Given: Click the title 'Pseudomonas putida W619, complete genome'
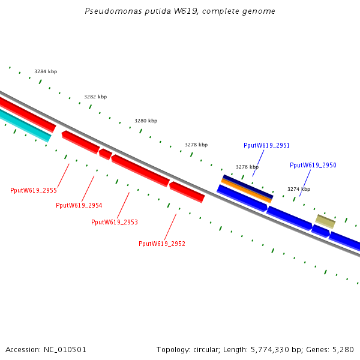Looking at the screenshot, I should coord(180,11).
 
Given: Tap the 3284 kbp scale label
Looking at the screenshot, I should coord(46,71).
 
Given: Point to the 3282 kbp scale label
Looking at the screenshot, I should coord(95,97).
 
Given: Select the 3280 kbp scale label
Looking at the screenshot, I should coord(146,121).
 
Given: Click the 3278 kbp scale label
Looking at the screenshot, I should coord(196,145).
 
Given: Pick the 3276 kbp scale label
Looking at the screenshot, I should coord(247,167).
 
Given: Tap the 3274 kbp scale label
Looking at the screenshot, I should coord(299,189).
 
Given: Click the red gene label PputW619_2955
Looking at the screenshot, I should coord(34,190).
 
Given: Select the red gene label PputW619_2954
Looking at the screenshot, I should coord(79,205).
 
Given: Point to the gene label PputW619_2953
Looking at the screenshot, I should coord(115,222).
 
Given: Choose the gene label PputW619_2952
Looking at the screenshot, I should coord(162,244).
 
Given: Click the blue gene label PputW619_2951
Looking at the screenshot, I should coord(267,145).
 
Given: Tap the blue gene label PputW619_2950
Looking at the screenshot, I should coord(313,165).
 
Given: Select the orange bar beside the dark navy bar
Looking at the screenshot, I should coord(246,190).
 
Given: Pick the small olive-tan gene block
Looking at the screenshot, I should coord(326,221).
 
